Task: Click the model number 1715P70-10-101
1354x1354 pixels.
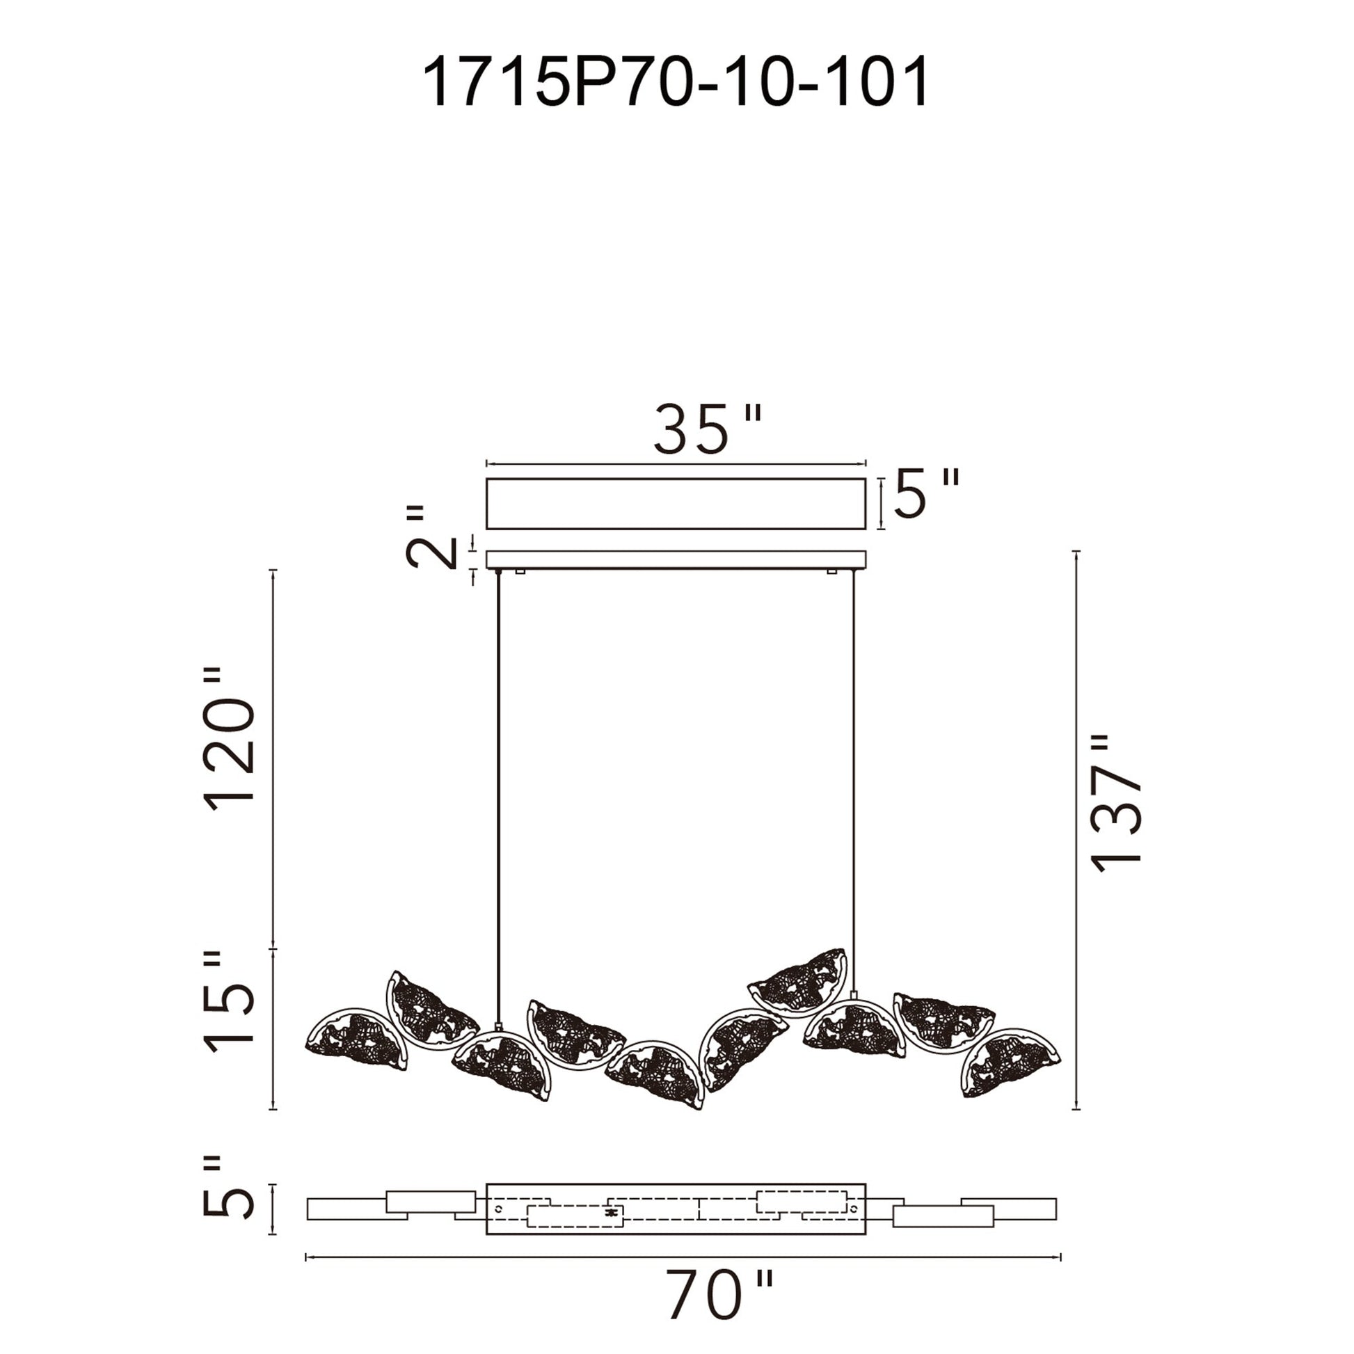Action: coord(676,83)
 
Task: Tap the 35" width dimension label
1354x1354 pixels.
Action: coord(706,429)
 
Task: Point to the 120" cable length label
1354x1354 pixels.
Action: coord(229,740)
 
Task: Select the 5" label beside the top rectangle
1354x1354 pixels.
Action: coord(925,494)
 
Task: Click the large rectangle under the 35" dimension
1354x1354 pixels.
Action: coord(676,503)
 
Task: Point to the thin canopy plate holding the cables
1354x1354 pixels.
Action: coord(676,559)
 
